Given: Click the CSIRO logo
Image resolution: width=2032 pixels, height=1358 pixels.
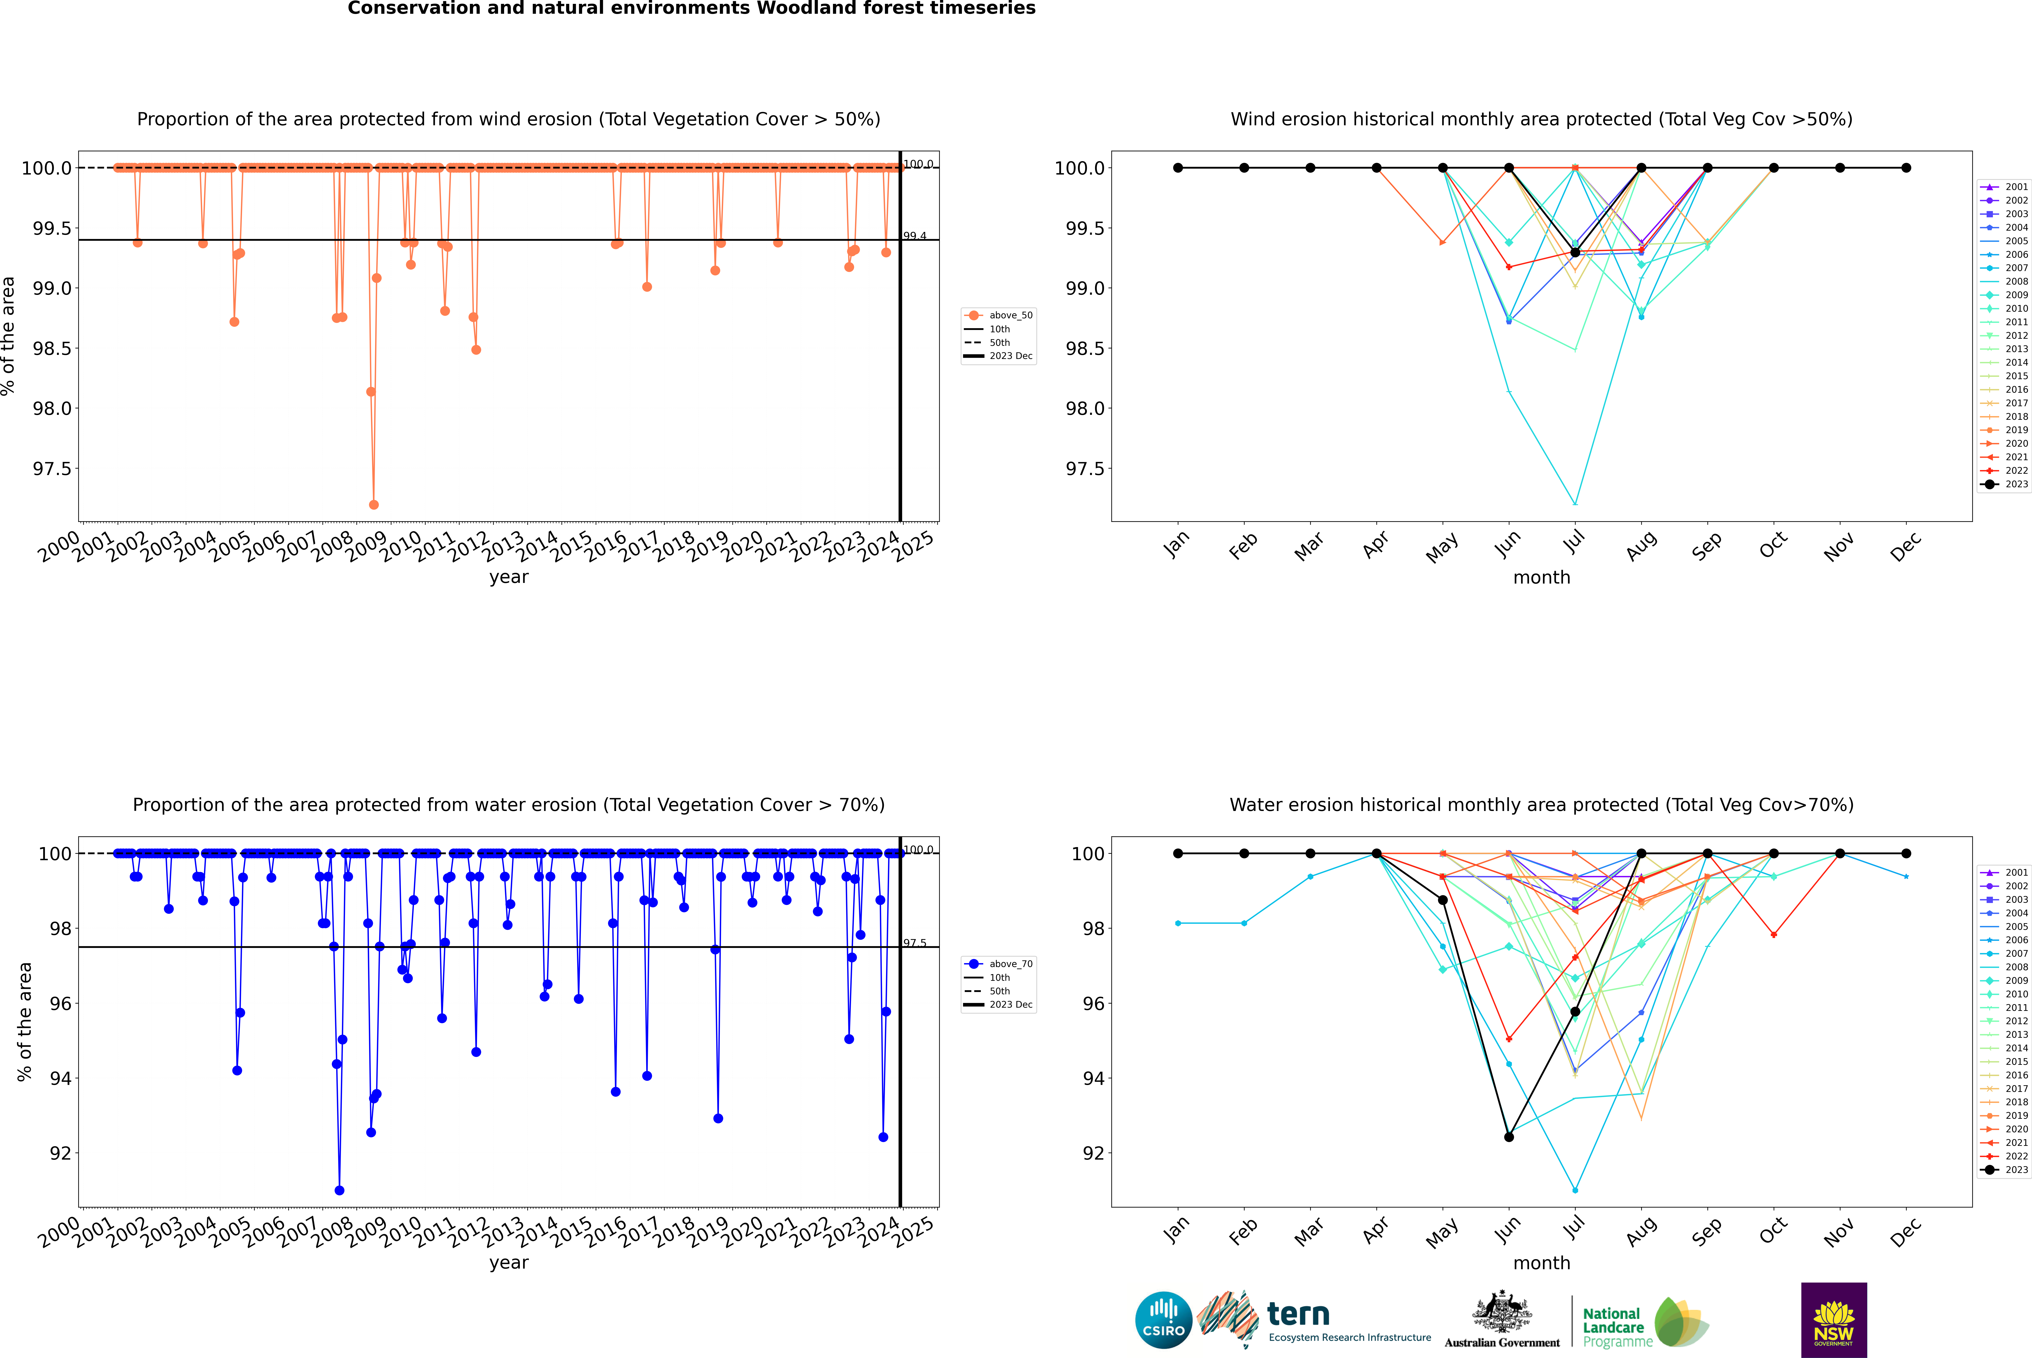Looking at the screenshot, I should [1163, 1320].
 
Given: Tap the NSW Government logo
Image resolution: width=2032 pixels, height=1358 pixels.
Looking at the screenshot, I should [1834, 1320].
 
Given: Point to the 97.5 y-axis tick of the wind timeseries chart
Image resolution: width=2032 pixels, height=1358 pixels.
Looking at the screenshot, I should [52, 469].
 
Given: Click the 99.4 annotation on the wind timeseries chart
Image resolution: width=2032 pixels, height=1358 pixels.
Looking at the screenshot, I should [915, 236].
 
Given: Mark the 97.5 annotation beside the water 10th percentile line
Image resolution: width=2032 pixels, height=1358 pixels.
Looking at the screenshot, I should [915, 943].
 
